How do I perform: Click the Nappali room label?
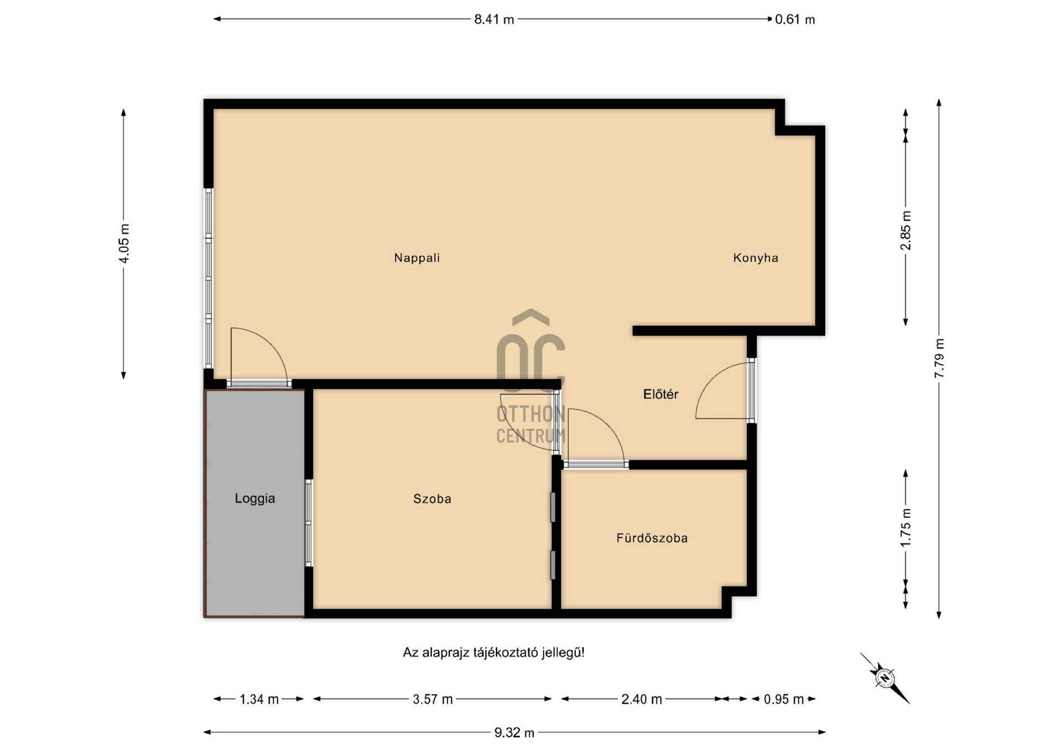point(417,258)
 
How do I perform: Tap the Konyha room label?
point(756,258)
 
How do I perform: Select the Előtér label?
point(660,394)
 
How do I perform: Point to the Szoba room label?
point(432,499)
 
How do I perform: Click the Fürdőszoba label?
point(652,538)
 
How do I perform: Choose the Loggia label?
point(255,498)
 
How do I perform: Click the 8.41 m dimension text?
point(494,19)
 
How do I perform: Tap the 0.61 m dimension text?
point(795,19)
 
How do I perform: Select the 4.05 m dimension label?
point(124,243)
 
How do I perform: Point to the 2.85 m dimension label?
point(905,230)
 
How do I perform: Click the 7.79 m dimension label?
point(939,358)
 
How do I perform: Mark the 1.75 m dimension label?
point(905,528)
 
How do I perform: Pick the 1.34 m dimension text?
point(259,700)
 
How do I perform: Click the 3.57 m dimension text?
point(433,700)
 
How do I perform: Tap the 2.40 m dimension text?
point(642,700)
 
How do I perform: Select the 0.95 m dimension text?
point(784,700)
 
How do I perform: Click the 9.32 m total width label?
point(514,733)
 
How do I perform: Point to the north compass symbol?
point(885,678)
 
